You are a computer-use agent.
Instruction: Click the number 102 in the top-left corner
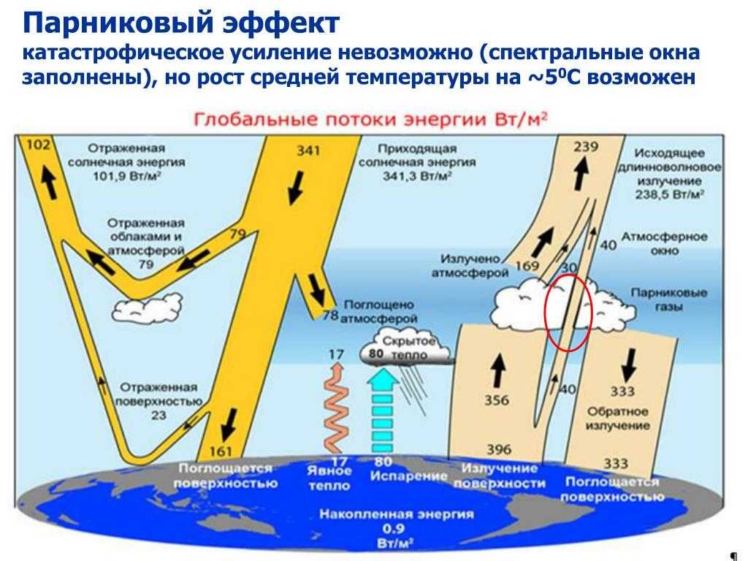click(39, 144)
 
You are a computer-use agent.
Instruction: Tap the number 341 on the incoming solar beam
click(308, 150)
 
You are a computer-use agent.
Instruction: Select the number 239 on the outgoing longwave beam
click(586, 146)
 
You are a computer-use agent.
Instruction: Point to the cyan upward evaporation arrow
click(383, 411)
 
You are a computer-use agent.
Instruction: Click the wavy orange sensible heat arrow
click(335, 408)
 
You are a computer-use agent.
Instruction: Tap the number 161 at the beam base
click(221, 451)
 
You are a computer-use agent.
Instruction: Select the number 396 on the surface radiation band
click(498, 449)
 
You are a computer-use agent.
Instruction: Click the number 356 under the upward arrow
click(497, 400)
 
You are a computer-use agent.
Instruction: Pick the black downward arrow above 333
click(629, 364)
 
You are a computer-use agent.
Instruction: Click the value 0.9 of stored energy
click(394, 529)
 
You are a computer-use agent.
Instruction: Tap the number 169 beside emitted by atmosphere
click(527, 266)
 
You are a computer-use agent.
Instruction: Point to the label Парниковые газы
click(668, 299)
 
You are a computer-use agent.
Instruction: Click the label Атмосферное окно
click(664, 243)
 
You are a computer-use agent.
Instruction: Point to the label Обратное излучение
click(617, 419)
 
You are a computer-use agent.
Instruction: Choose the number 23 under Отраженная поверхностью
click(159, 416)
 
